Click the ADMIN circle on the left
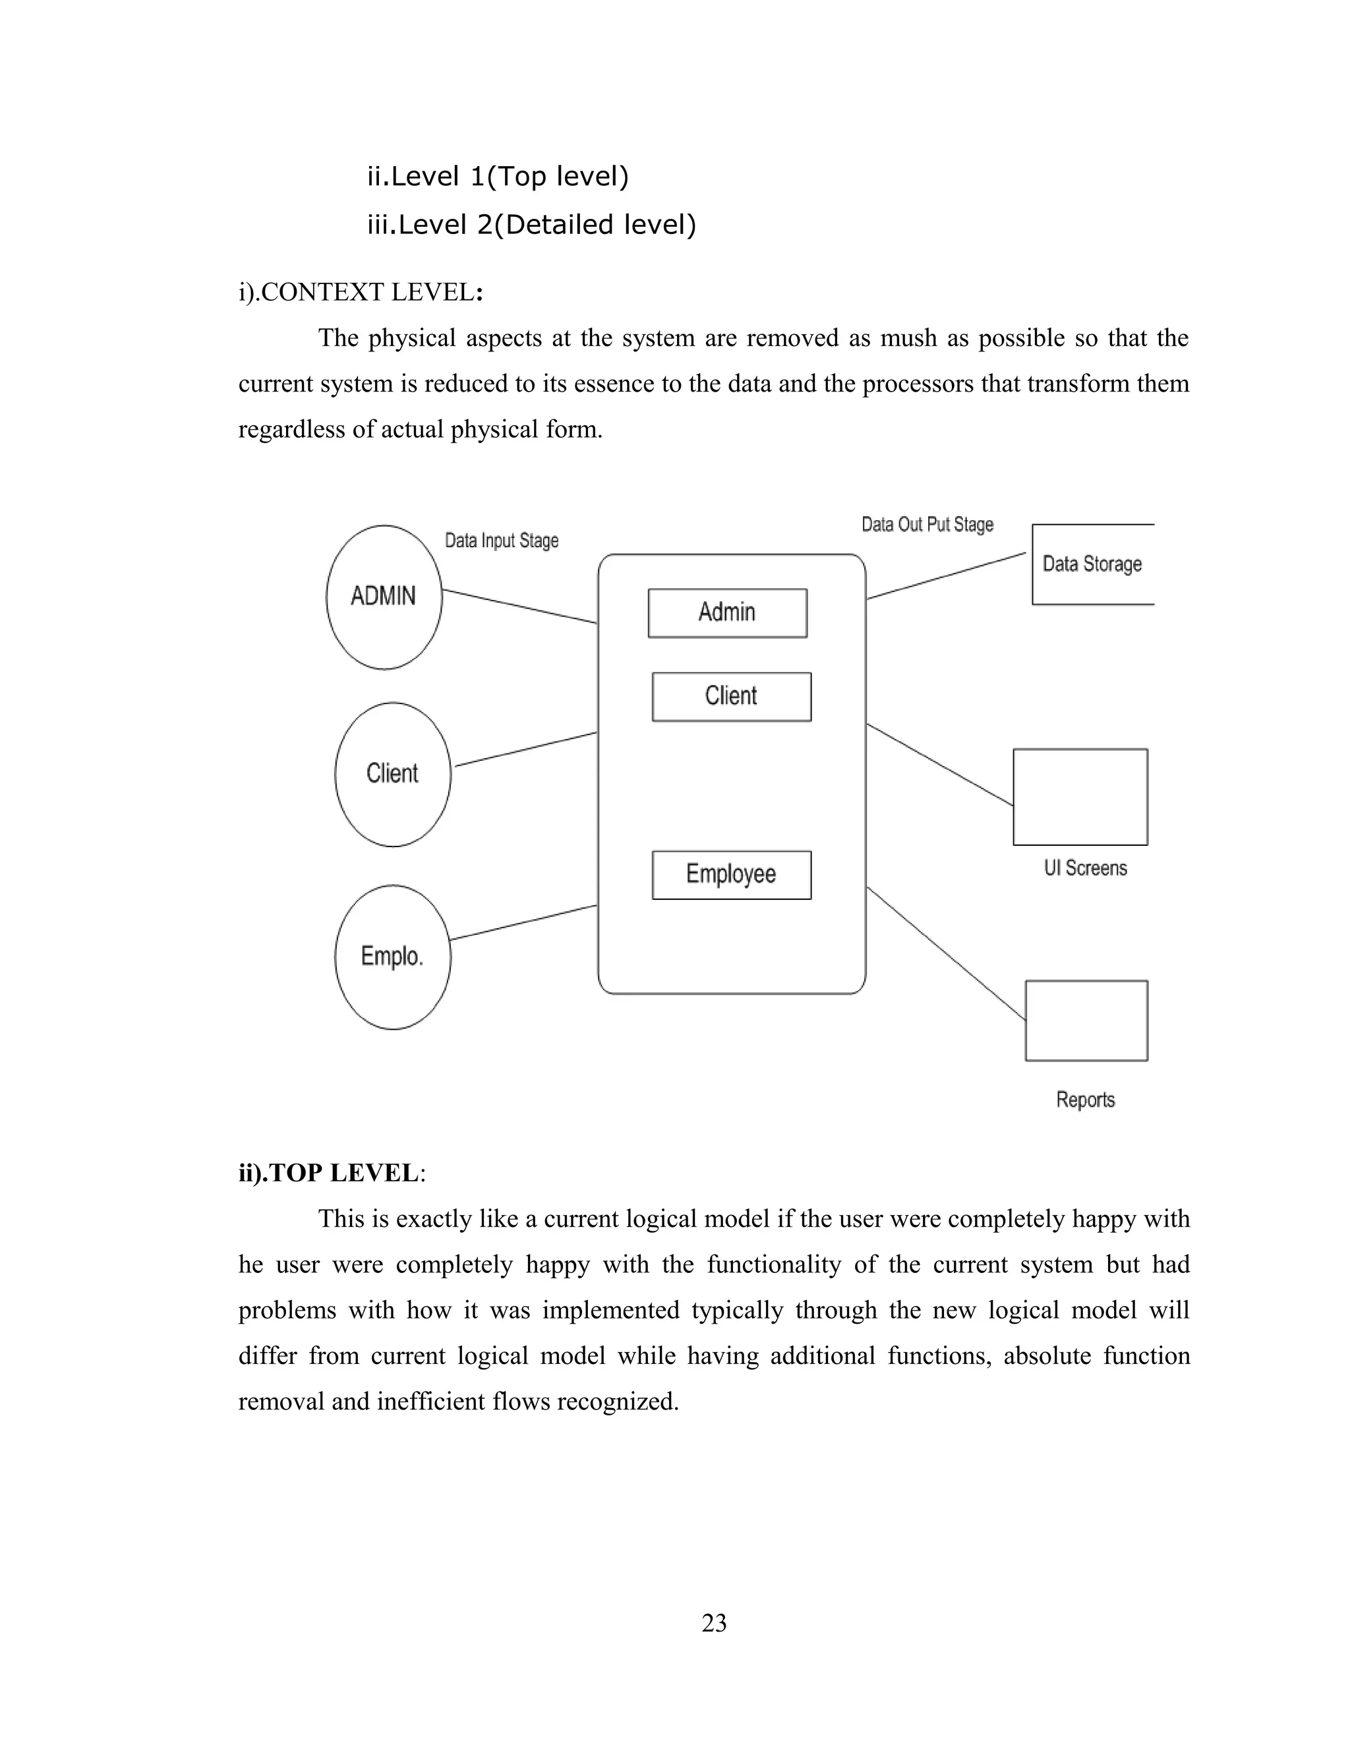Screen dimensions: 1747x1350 tap(384, 597)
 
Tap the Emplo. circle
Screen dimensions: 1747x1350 tap(393, 957)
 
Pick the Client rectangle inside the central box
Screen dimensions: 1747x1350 tap(731, 696)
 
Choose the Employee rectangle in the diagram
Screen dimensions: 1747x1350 tap(731, 874)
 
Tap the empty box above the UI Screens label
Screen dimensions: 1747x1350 tap(1080, 797)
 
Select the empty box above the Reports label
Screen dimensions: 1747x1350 tap(1086, 1020)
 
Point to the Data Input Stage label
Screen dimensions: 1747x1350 tap(502, 541)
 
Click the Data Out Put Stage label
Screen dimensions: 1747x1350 tap(927, 525)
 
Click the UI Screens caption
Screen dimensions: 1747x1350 tap(1084, 868)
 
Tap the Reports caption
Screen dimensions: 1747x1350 tap(1084, 1099)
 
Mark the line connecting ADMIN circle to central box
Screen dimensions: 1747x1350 tap(520, 607)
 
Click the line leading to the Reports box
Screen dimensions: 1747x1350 tap(946, 953)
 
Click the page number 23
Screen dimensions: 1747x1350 tap(713, 1622)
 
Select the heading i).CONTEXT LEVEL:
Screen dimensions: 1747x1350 tap(361, 292)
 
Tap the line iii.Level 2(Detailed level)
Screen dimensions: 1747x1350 tap(531, 225)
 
